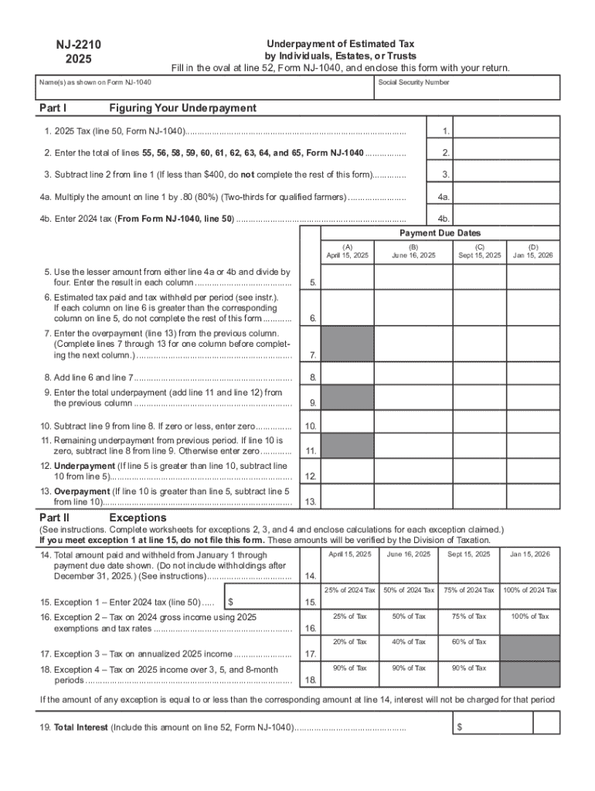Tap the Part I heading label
pos(53,107)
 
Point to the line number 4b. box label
pos(444,218)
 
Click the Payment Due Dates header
pos(440,233)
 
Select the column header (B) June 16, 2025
pos(413,251)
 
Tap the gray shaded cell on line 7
pos(347,343)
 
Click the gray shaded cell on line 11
pos(347,446)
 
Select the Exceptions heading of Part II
pos(138,517)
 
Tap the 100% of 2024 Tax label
pos(529,590)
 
